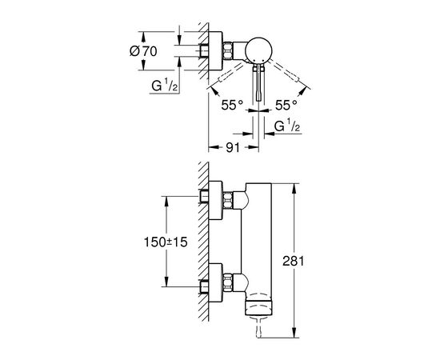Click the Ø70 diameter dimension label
pos(143,51)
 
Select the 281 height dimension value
pos(294,262)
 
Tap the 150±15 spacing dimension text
pos(166,242)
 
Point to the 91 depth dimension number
pos(233,147)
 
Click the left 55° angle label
pos(232,106)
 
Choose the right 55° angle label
pos(286,106)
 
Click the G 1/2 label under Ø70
pos(164,85)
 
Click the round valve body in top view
pos(258,50)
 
